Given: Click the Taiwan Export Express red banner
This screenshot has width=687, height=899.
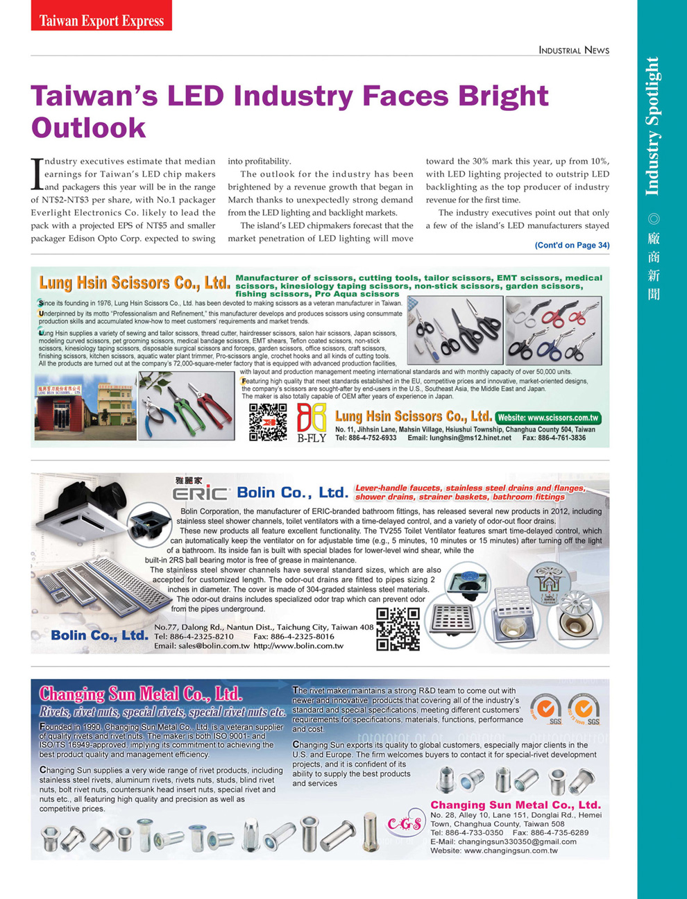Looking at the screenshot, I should pos(101,20).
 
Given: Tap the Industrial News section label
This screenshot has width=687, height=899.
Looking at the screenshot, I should pos(573,50).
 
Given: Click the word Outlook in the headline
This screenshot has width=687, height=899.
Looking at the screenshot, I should pos(89,128).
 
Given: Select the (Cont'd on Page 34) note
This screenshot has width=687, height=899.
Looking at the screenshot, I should pos(572,245).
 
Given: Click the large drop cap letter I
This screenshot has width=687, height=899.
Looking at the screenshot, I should pos(37,174).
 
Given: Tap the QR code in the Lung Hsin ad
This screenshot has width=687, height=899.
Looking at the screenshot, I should pos(268,422).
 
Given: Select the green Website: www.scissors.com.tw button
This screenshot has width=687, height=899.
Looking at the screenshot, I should pos(548,418).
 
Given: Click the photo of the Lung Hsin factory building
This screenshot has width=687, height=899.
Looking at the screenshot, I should pos(76,407).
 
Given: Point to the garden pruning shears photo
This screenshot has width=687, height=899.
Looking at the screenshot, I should pos(186,405).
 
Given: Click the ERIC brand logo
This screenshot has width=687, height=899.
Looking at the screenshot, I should pos(201,493).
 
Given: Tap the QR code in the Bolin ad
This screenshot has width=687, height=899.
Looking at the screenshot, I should pos(398,628).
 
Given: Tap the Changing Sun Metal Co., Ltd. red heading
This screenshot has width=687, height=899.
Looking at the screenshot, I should pos(140,694).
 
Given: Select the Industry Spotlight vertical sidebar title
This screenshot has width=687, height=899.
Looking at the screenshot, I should pos(652,126).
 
